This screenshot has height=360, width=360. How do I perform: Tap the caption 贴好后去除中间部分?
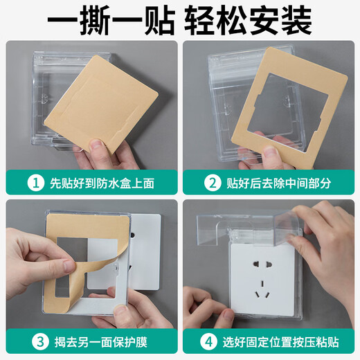click(x=277, y=183)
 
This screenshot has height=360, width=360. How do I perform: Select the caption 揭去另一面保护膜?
click(x=97, y=341)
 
